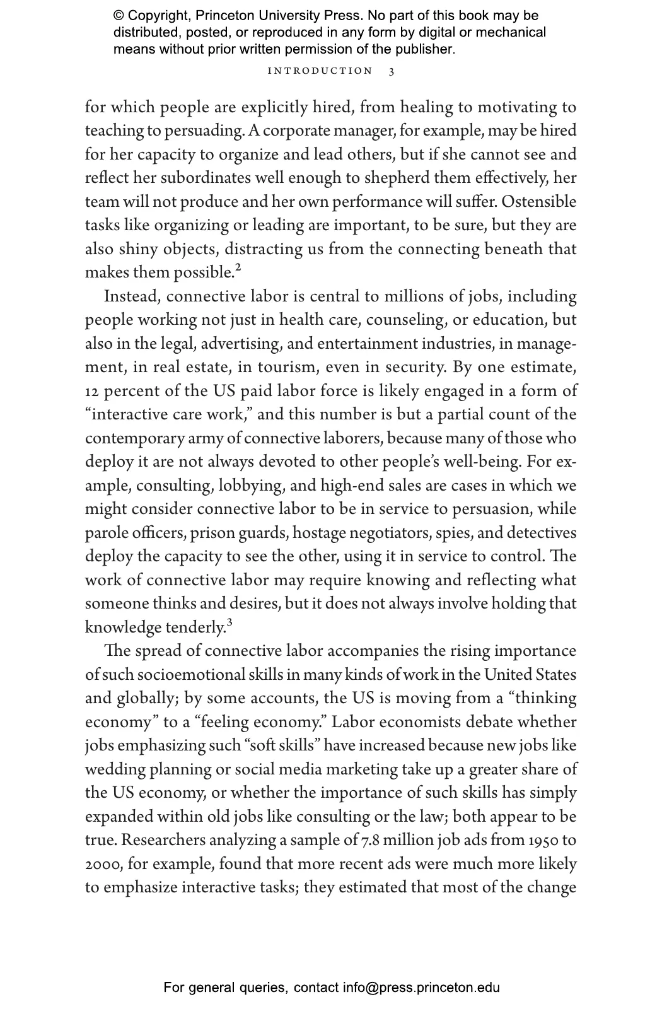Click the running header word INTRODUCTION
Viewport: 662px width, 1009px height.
pos(320,71)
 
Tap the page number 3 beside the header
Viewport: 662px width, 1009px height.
pos(392,71)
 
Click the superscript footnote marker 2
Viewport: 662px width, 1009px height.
pos(238,269)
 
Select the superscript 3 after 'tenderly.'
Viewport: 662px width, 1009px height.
pos(229,624)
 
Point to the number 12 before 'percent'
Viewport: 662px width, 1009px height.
pos(92,391)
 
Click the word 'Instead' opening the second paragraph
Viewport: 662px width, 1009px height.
pos(132,296)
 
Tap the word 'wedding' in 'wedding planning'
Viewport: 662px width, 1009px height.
pos(115,769)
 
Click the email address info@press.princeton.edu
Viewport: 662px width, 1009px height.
pos(421,988)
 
